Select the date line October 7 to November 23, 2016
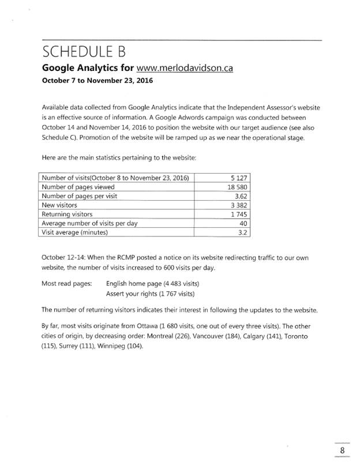click(x=97, y=81)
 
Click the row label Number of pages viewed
click(x=78, y=187)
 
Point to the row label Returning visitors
click(x=68, y=215)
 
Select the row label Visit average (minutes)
click(x=75, y=233)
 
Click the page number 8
click(x=342, y=450)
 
